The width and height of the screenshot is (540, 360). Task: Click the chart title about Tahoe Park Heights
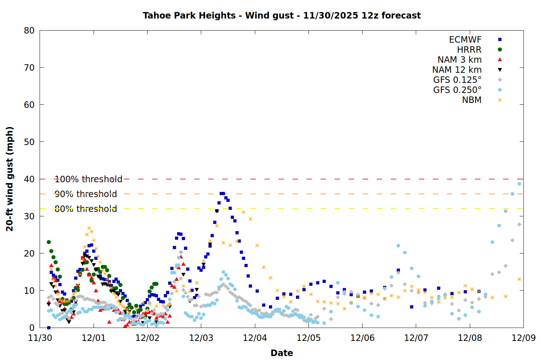point(282,15)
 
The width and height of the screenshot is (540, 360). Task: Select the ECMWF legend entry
point(465,40)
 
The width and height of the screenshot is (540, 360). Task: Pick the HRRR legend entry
point(469,50)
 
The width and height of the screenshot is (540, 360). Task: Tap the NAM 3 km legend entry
point(459,60)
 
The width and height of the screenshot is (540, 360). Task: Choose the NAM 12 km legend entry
point(457,70)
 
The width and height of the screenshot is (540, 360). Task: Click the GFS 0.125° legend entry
point(457,80)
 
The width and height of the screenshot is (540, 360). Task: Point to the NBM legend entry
point(472,100)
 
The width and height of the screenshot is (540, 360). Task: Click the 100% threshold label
point(88,179)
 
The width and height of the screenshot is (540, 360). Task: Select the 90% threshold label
point(86,194)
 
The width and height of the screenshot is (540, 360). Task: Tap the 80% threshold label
point(86,209)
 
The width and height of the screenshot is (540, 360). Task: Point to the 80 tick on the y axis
point(29,31)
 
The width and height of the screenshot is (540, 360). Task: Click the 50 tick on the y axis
point(29,142)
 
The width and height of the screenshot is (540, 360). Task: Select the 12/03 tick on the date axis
point(201,338)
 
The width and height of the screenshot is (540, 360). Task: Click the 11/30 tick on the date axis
point(40,338)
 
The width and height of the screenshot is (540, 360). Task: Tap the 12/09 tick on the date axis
point(523,338)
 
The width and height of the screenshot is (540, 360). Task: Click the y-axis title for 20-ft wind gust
point(10,179)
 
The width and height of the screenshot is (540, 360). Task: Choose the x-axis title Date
point(282,353)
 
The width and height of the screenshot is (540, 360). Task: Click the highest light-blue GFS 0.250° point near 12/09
point(519,184)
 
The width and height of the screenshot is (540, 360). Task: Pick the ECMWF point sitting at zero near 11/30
point(49,328)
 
